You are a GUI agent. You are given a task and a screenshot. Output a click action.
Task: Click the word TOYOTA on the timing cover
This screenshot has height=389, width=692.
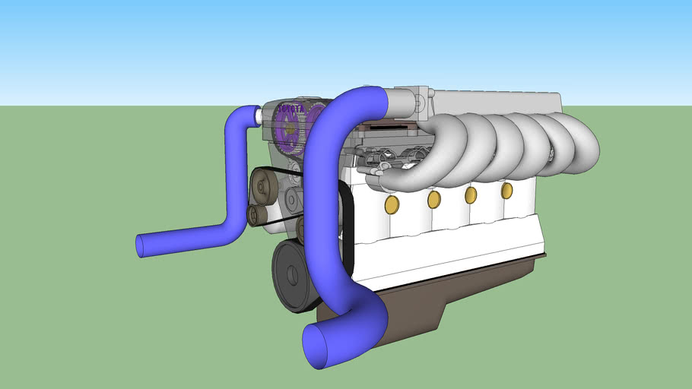pyautogui.click(x=290, y=109)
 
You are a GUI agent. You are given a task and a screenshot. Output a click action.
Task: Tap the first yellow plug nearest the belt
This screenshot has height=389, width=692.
pyautogui.click(x=392, y=204)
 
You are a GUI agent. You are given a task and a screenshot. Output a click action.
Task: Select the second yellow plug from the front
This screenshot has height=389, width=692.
pyautogui.click(x=433, y=199)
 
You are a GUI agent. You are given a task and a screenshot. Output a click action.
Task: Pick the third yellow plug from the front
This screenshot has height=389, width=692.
pyautogui.click(x=471, y=194)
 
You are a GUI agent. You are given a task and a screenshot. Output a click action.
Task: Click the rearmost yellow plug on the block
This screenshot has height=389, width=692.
pyautogui.click(x=506, y=190)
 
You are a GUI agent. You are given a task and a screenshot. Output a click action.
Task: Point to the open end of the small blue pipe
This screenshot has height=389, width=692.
pyautogui.click(x=141, y=245)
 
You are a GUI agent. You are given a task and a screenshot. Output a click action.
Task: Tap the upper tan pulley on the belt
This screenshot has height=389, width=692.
pyautogui.click(x=262, y=184)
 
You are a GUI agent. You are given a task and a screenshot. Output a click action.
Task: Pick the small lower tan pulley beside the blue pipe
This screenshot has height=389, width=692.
pyautogui.click(x=256, y=216)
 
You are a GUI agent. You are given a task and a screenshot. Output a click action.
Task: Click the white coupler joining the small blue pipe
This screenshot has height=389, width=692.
pyautogui.click(x=259, y=115)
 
